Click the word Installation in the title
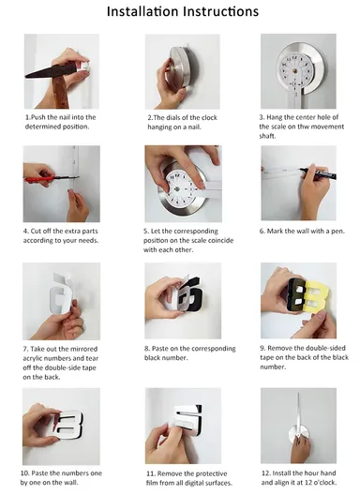click(x=143, y=11)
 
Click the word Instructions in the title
click(x=221, y=11)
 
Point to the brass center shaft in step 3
click(x=294, y=70)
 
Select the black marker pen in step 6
click(x=318, y=173)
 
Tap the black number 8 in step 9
click(x=296, y=296)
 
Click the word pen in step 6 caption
click(x=337, y=232)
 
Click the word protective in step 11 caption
click(x=212, y=473)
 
